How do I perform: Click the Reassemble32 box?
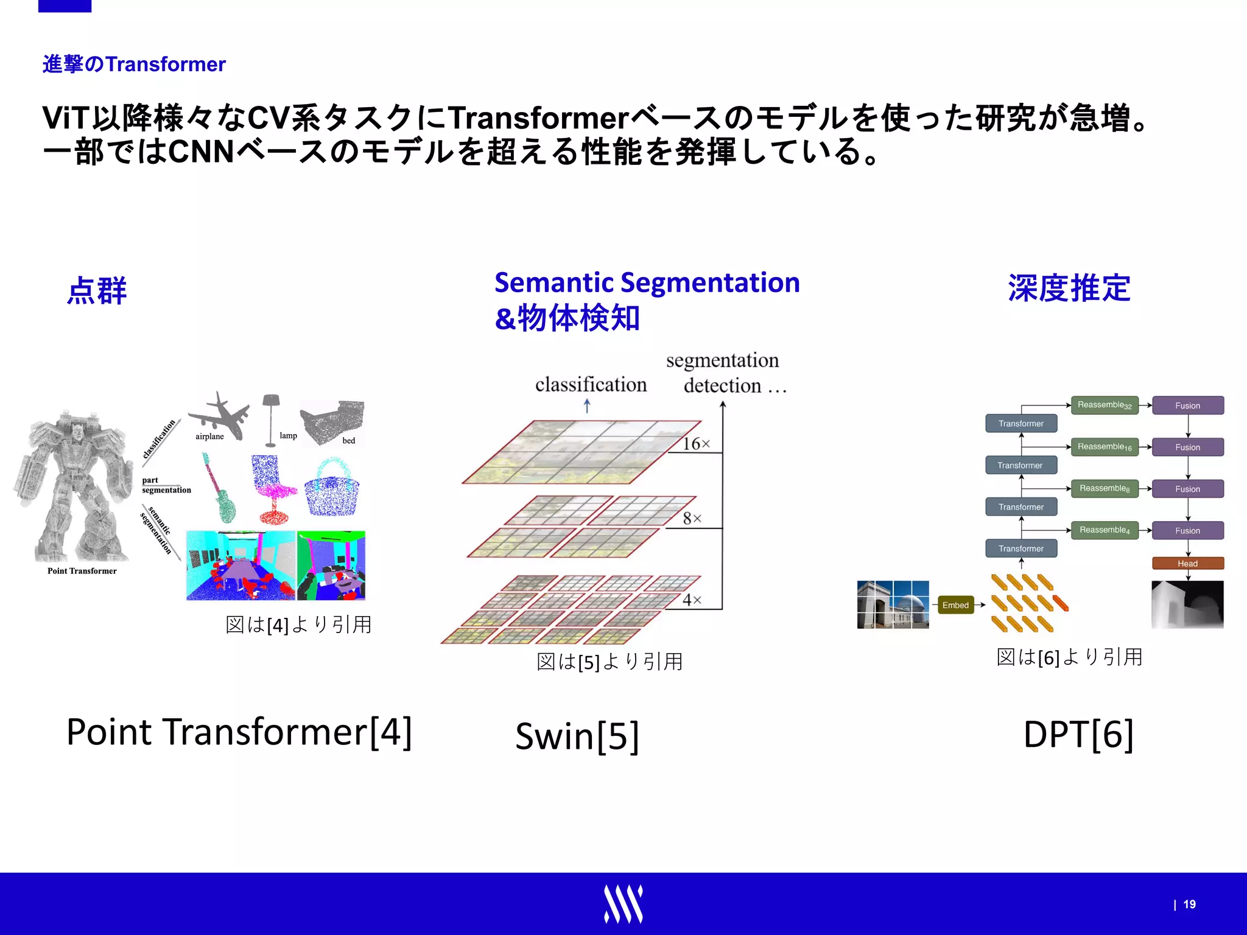pos(1104,405)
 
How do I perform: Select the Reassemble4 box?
pos(1104,530)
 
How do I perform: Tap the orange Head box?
pos(1187,563)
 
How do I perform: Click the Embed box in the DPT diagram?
pos(955,605)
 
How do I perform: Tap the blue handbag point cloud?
pos(332,490)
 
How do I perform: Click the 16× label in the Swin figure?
pos(695,444)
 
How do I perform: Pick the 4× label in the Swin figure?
pos(692,600)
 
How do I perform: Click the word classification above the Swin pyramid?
pos(591,385)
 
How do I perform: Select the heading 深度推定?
pos(1069,289)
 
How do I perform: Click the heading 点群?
pos(97,291)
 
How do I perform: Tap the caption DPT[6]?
pos(1078,734)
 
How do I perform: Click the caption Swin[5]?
pos(577,737)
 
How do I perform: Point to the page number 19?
pos(1189,905)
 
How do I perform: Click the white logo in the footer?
pos(623,904)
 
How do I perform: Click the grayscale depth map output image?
pos(1187,604)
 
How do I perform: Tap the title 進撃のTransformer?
pos(134,64)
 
